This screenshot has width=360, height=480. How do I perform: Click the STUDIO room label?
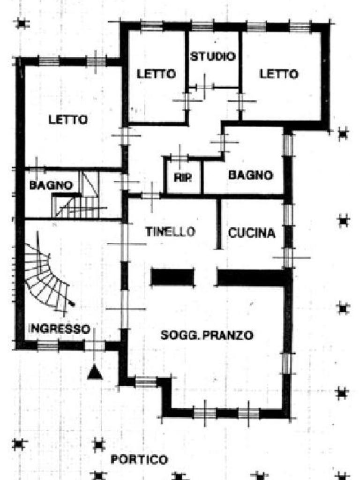tap(212, 57)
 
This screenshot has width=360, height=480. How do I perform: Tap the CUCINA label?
tap(252, 233)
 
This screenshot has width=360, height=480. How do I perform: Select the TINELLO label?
tap(170, 232)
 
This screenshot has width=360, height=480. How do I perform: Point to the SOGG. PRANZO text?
tap(207, 335)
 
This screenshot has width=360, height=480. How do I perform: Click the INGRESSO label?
tap(59, 329)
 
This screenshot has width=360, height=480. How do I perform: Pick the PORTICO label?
tap(139, 459)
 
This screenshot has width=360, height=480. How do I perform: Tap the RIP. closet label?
tap(183, 178)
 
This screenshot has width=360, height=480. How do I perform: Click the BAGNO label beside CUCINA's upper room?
tap(250, 175)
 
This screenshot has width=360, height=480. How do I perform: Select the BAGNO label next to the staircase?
tap(51, 185)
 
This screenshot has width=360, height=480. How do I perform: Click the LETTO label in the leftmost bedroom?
tap(68, 120)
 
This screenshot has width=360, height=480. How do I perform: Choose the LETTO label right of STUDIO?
tap(279, 74)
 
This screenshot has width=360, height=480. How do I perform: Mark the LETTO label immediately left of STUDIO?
tap(156, 74)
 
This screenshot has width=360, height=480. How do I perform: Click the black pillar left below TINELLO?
tap(172, 277)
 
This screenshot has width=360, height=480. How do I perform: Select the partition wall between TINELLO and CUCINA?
tap(218, 224)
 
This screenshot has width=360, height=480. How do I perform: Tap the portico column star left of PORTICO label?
tap(98, 443)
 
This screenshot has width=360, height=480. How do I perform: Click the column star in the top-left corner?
tap(22, 22)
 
